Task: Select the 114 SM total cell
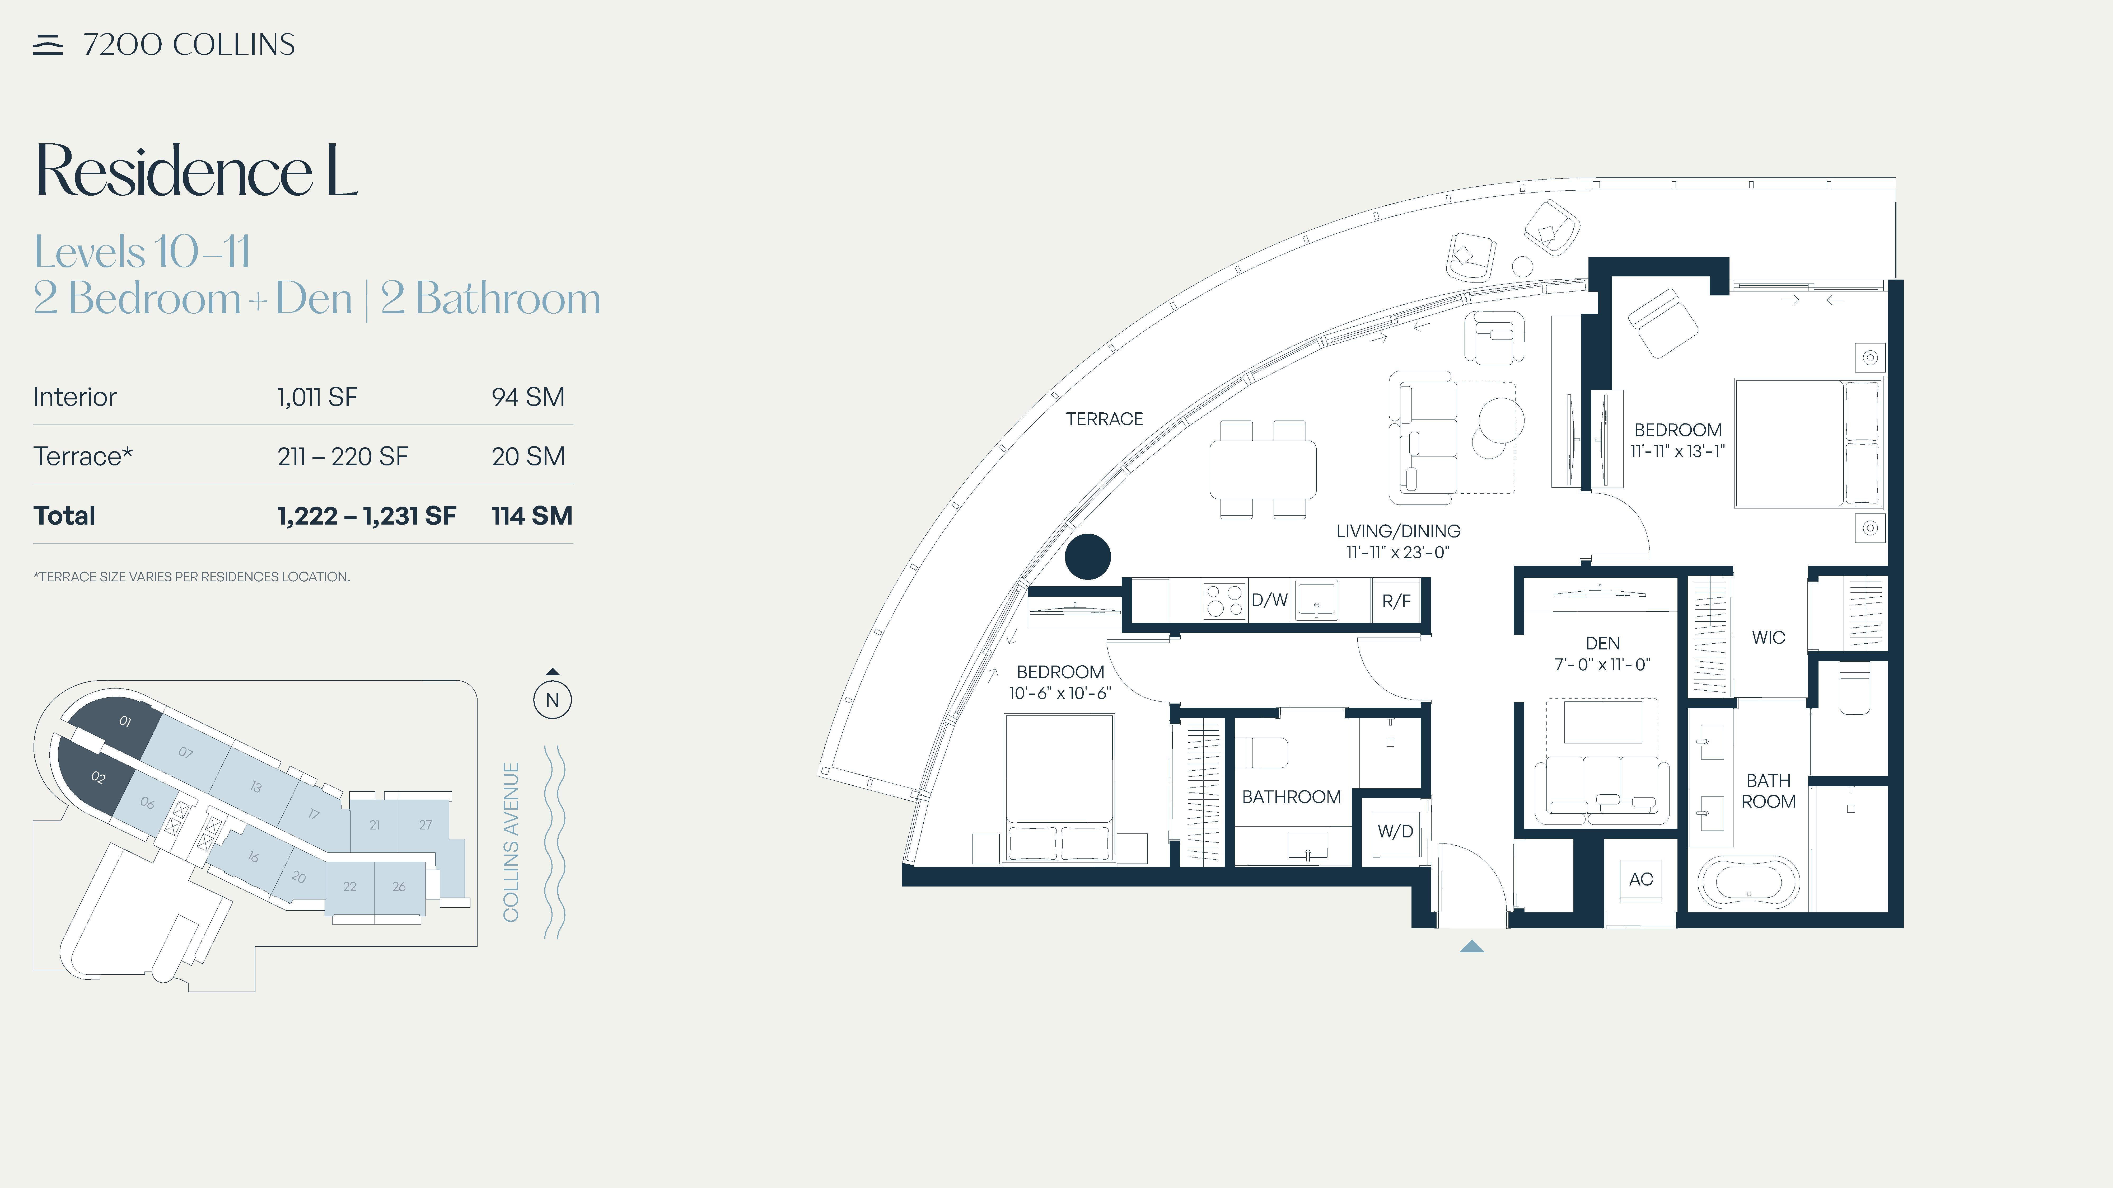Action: pyautogui.click(x=531, y=516)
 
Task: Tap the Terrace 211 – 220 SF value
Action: pyautogui.click(x=343, y=457)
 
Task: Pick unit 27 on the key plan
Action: pyautogui.click(x=425, y=825)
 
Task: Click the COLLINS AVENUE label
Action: pyautogui.click(x=511, y=842)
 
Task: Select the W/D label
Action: pyautogui.click(x=1395, y=831)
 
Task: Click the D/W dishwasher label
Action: pyautogui.click(x=1269, y=600)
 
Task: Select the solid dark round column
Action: pyautogui.click(x=1088, y=557)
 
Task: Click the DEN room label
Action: pyautogui.click(x=1603, y=644)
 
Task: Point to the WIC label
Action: pyautogui.click(x=1769, y=638)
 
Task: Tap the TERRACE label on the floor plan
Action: pyautogui.click(x=1104, y=419)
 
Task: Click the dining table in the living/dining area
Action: pyautogui.click(x=1263, y=470)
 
